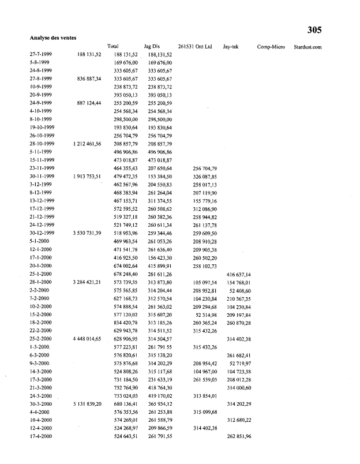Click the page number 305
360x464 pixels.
pos(314,30)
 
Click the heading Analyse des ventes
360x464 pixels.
pos(54,38)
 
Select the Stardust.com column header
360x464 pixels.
pos(307,46)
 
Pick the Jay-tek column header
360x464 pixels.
pos(231,46)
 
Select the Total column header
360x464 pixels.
pos(113,46)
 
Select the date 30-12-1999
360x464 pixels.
pos(42,233)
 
